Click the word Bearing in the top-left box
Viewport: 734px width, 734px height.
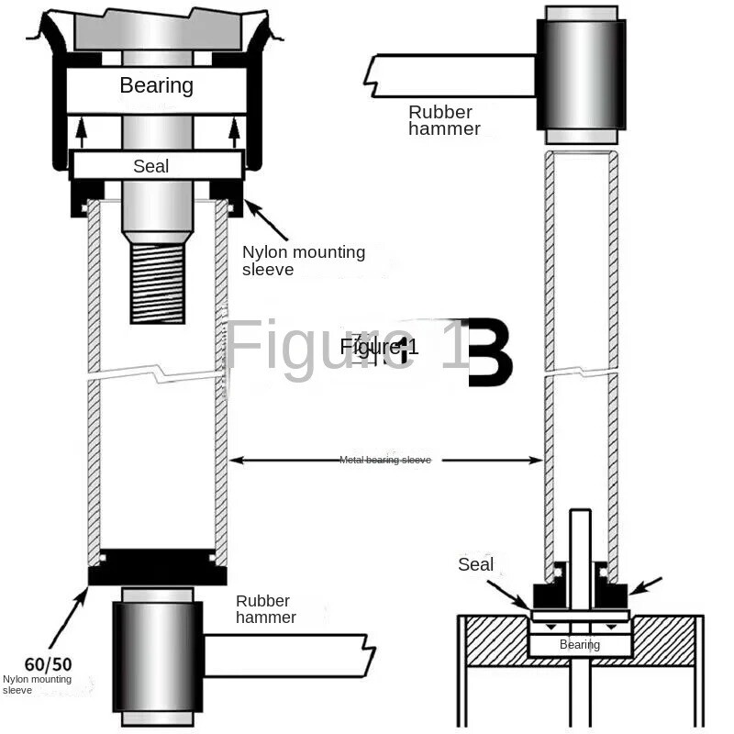click(x=156, y=86)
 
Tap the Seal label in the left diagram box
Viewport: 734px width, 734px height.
click(x=150, y=166)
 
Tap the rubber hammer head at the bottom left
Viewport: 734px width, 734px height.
click(x=157, y=657)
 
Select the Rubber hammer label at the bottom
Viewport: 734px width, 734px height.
click(x=266, y=609)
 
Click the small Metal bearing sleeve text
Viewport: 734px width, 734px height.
click(x=384, y=460)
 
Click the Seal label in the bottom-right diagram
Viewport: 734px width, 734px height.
click(x=475, y=564)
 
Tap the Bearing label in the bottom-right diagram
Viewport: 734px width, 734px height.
click(x=580, y=645)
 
